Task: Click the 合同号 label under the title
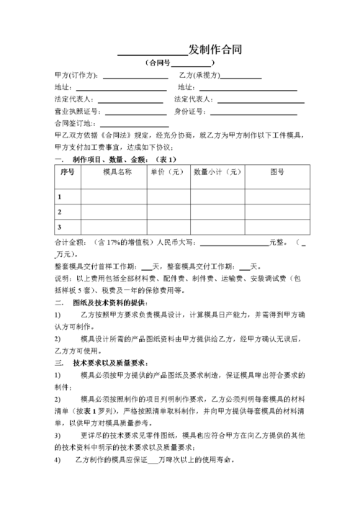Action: click(160, 63)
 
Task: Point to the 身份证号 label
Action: click(191, 112)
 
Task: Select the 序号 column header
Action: click(68, 173)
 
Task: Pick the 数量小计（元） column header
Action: click(217, 173)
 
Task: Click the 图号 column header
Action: click(276, 173)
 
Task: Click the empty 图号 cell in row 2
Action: click(276, 212)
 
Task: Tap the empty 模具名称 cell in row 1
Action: click(114, 197)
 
